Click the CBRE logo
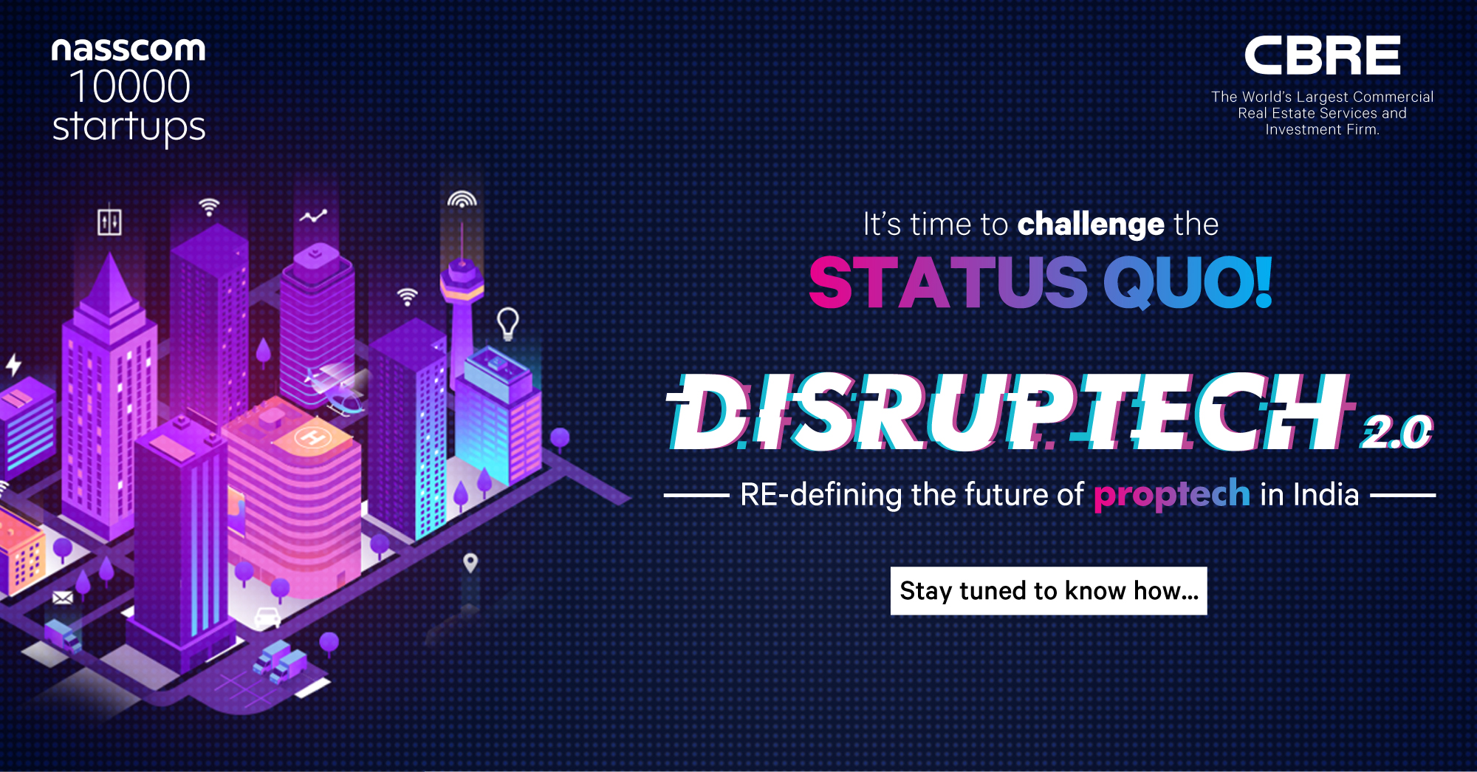pyautogui.click(x=1322, y=55)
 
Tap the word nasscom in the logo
pyautogui.click(x=128, y=50)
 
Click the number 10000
pyautogui.click(x=130, y=87)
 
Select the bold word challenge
pyautogui.click(x=1091, y=225)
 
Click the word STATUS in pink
pyautogui.click(x=948, y=283)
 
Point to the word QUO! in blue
pyautogui.click(x=1188, y=283)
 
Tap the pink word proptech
pyautogui.click(x=1171, y=495)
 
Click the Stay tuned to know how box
pyautogui.click(x=1049, y=591)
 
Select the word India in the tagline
pyautogui.click(x=1325, y=495)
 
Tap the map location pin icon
pyautogui.click(x=470, y=563)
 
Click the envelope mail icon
pyautogui.click(x=64, y=597)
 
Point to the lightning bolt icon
pyautogui.click(x=13, y=364)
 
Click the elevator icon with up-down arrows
pyautogui.click(x=109, y=222)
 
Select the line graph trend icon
pyautogui.click(x=313, y=216)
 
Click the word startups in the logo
pyautogui.click(x=128, y=127)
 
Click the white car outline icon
pyautogui.click(x=267, y=617)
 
